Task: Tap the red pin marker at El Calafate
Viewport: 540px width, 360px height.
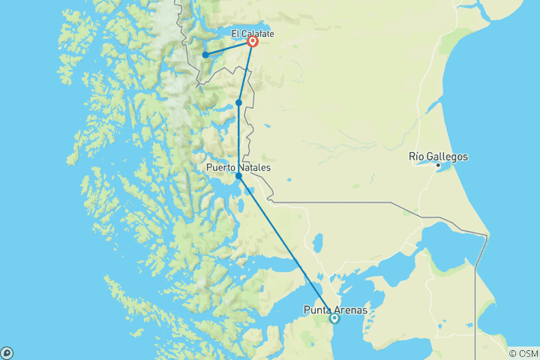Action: tap(253, 43)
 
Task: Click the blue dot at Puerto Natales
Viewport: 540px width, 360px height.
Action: tap(238, 176)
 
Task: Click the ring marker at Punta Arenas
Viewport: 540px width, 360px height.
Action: tap(334, 319)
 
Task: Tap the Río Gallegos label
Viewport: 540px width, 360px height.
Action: tap(438, 157)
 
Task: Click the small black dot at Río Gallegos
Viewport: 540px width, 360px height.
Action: tap(439, 165)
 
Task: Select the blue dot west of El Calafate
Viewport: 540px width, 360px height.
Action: tap(205, 55)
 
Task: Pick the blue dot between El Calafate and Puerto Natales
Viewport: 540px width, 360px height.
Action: tap(238, 103)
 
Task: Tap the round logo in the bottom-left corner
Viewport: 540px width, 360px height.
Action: tap(7, 352)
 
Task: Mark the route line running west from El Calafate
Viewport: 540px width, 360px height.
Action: tap(229, 49)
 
